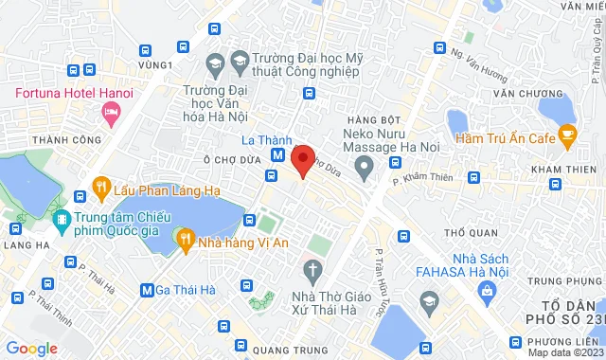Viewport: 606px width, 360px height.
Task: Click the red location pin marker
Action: [x=302, y=159]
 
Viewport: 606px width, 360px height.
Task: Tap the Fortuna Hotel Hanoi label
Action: [x=72, y=95]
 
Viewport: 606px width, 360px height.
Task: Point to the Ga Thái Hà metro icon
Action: [x=147, y=290]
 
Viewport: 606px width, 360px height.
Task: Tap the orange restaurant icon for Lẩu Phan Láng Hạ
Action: [x=98, y=186]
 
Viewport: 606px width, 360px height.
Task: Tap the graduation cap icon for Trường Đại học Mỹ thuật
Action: [x=214, y=63]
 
